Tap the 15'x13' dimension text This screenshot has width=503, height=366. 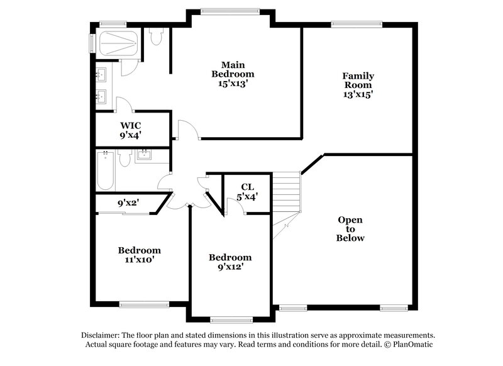(232, 83)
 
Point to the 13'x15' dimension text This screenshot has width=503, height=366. (357, 94)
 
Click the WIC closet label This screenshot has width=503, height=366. (130, 125)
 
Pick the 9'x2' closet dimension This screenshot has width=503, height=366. (128, 203)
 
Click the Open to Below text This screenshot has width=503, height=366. (351, 229)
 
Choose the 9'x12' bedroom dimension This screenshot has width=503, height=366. (230, 267)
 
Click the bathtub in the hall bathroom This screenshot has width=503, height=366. (105, 170)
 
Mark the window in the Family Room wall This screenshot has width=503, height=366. (352, 25)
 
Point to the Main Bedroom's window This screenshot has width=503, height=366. (229, 10)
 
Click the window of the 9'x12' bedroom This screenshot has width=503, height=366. (231, 319)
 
